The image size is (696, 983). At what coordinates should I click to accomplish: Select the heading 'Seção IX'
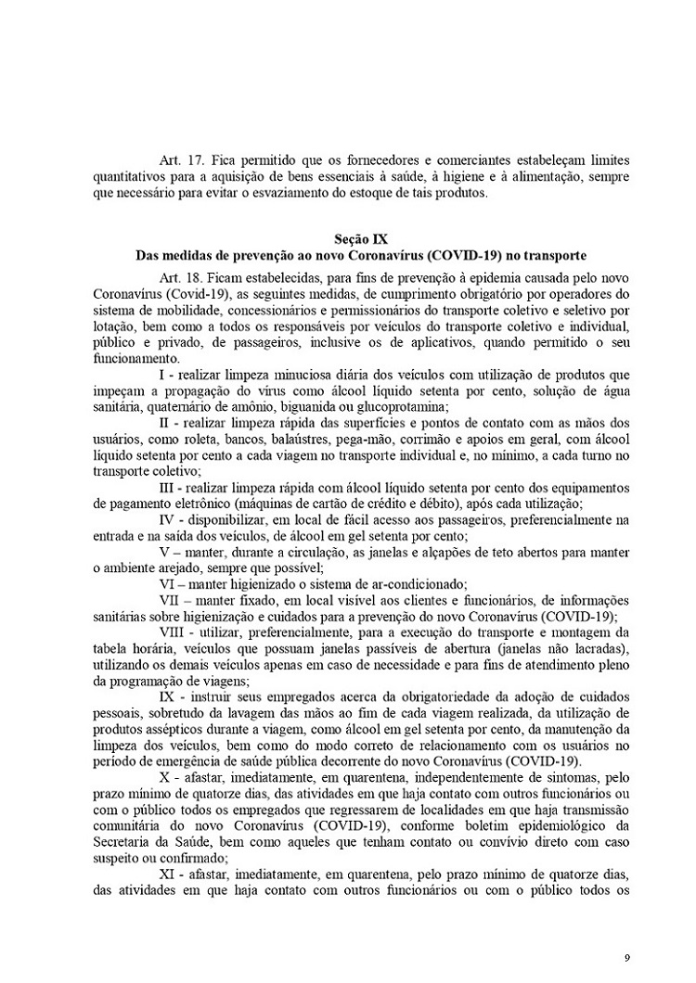348,237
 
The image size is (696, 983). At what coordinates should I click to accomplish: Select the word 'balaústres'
303,438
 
